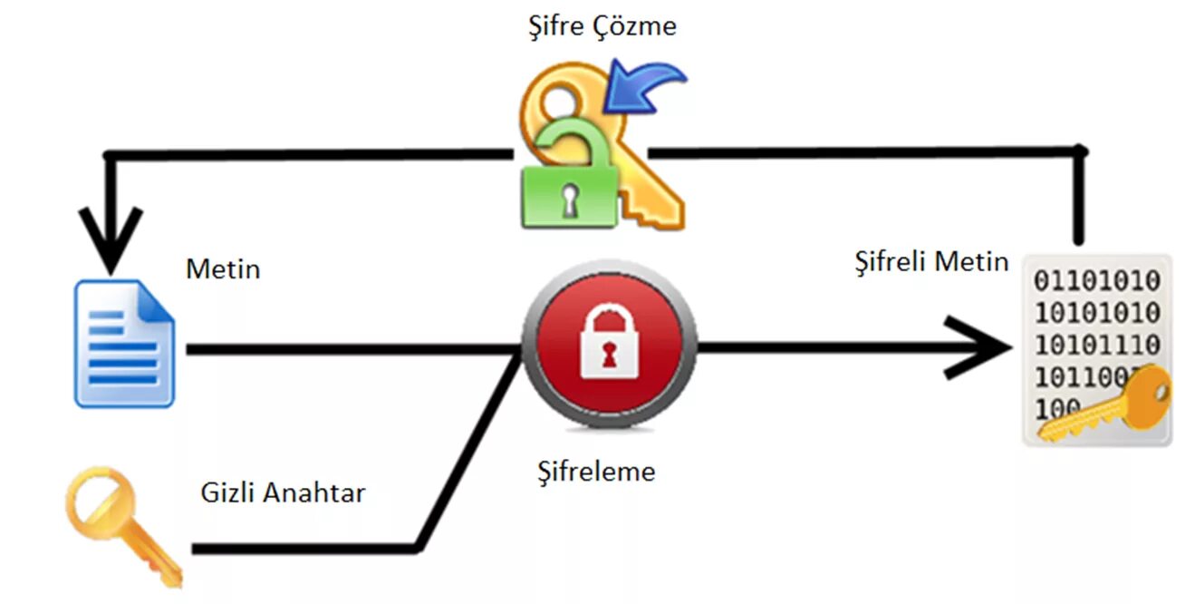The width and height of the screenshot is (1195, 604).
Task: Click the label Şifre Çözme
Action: pos(602,25)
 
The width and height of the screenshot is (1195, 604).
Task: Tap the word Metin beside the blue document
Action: pos(223,268)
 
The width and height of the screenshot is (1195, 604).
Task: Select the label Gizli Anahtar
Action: pos(283,492)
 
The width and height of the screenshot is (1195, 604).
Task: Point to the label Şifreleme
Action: pos(595,472)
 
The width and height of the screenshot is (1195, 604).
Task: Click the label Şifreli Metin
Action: pos(931,262)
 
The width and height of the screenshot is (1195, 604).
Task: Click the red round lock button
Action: pos(609,346)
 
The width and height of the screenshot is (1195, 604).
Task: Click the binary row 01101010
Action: pos(1097,280)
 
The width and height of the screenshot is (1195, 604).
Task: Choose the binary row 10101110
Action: pos(1097,346)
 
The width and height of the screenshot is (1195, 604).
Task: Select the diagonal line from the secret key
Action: pos(469,449)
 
